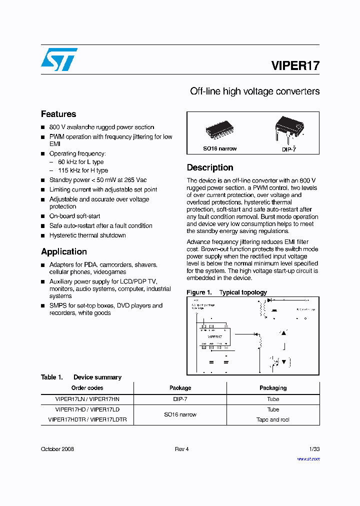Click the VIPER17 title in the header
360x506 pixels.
point(295,65)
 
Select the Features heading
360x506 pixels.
point(58,114)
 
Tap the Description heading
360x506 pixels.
point(210,167)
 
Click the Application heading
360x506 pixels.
point(64,251)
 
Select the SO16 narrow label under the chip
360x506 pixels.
point(219,148)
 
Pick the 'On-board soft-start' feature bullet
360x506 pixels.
point(74,216)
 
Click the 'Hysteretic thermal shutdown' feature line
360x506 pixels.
point(87,235)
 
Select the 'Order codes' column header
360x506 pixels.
point(87,388)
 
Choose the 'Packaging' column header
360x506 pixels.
point(273,388)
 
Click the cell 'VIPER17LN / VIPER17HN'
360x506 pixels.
point(87,399)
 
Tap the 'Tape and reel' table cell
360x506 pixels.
point(273,419)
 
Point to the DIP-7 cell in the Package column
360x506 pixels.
point(180,399)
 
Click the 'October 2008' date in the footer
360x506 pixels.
point(57,449)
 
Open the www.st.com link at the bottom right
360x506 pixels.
point(308,458)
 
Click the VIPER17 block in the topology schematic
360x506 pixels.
point(214,337)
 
